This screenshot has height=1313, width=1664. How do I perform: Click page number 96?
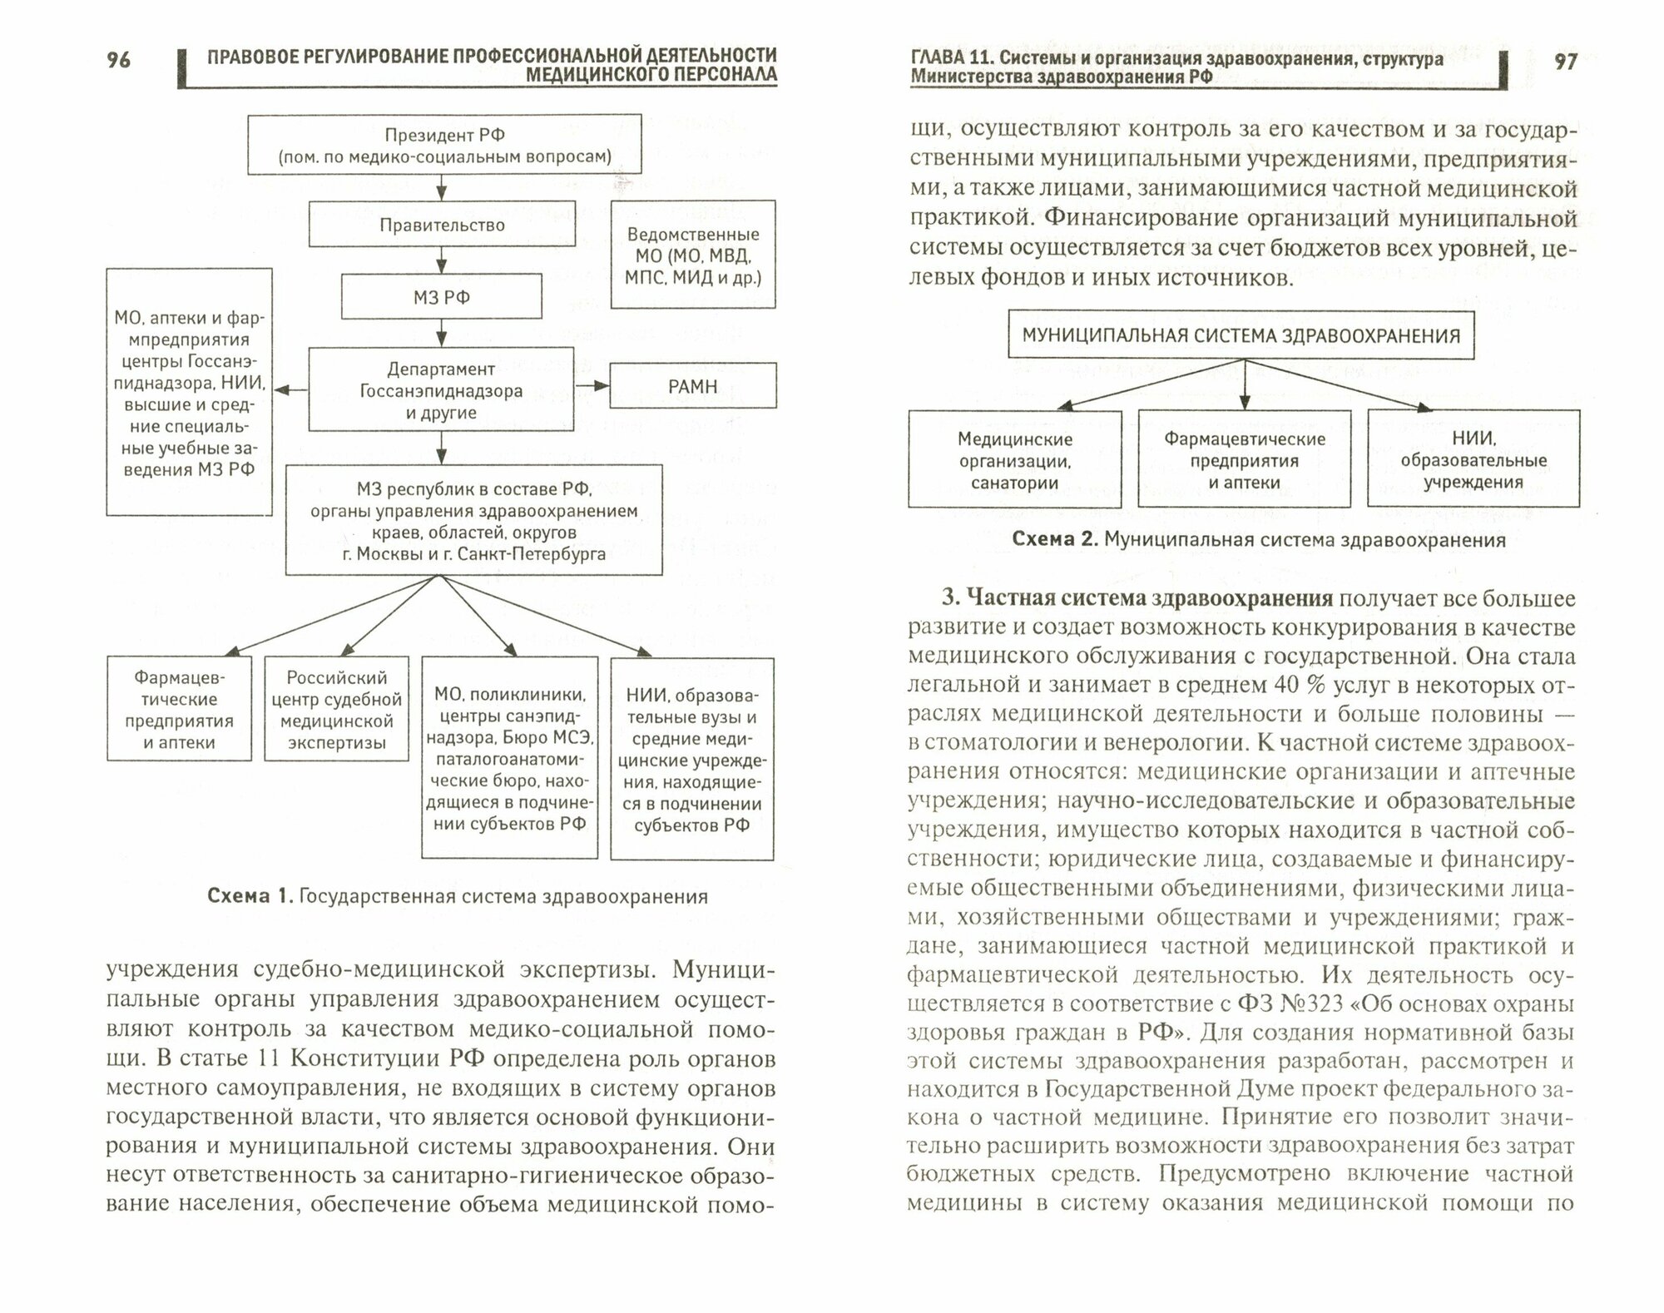pos(118,60)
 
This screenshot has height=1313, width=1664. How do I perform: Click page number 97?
pos(1565,62)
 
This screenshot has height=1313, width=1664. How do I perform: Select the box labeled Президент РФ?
pos(444,145)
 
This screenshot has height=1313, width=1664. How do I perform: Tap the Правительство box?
pos(442,225)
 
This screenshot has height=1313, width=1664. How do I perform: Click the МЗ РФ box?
pos(442,297)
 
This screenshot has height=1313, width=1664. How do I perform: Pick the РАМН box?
pos(692,386)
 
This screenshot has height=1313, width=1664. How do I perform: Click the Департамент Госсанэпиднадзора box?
pos(441,390)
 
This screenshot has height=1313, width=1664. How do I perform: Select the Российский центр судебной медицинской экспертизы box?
pos(336,710)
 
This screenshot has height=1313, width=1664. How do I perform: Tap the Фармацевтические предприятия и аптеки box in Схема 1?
pos(179,710)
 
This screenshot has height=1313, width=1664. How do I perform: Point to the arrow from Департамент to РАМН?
pos(592,386)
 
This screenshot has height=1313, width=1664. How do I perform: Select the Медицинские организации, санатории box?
pos(1014,460)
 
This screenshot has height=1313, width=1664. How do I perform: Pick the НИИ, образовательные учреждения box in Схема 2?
pos(1473,459)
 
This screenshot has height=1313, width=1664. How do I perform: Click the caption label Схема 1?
pos(250,896)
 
